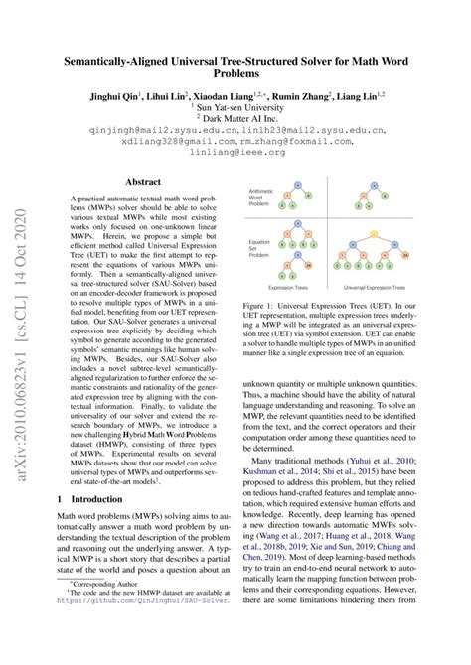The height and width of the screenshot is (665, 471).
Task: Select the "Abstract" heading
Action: click(x=155, y=183)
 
